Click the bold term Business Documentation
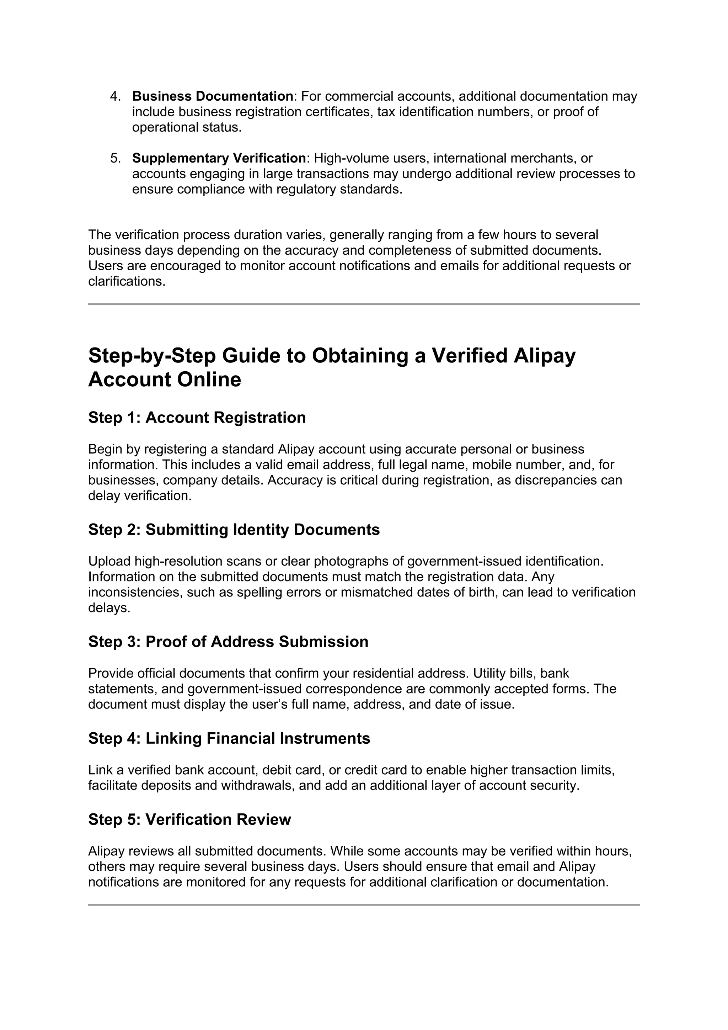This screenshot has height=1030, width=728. tap(213, 96)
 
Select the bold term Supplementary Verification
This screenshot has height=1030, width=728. tap(219, 158)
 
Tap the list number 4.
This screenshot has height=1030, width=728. tap(115, 96)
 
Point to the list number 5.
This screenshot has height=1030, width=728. tap(115, 158)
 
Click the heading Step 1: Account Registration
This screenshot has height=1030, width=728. tap(197, 418)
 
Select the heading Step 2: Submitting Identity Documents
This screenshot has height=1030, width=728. tap(234, 530)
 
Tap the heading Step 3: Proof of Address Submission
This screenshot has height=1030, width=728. tap(228, 642)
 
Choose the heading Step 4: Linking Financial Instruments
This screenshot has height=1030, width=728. tap(229, 738)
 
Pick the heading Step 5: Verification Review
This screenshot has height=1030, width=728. tap(189, 819)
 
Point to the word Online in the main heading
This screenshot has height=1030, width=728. tap(209, 380)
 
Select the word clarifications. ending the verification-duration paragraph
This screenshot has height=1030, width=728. tap(127, 282)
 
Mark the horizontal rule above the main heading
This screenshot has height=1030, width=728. tap(364, 304)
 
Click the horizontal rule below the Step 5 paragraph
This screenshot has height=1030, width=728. tap(364, 905)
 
